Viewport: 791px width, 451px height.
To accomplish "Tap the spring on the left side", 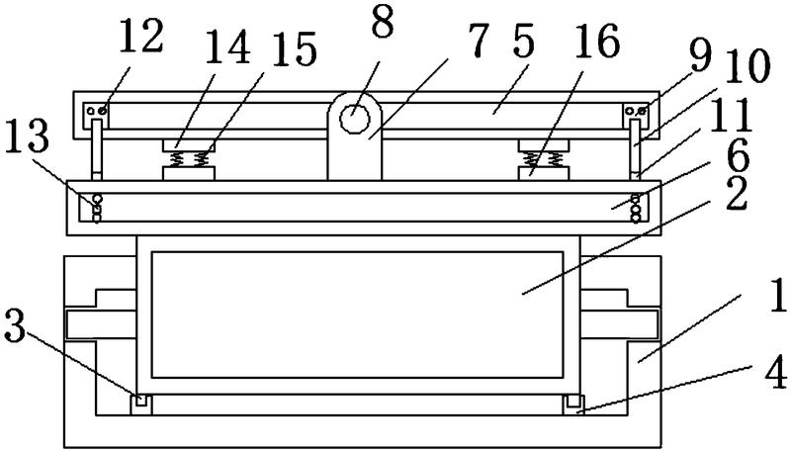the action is pyautogui.click(x=189, y=157).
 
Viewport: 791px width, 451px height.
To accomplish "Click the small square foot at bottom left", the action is pyautogui.click(x=138, y=402).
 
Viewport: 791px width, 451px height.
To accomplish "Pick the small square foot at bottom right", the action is pyautogui.click(x=571, y=402).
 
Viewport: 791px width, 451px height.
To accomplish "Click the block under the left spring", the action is pyautogui.click(x=189, y=173).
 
